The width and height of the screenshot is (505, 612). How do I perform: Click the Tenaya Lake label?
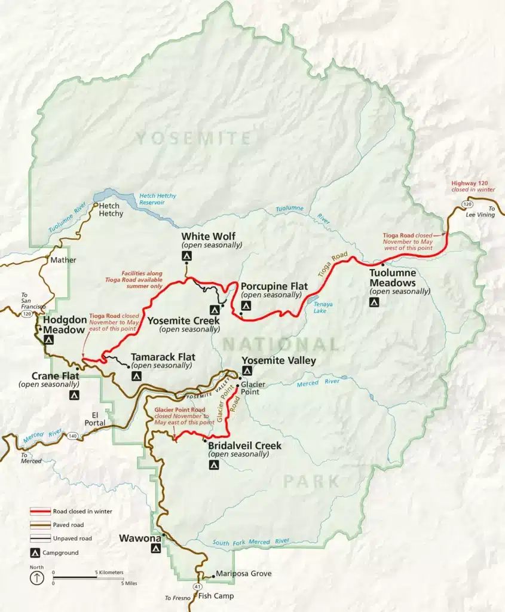(323, 307)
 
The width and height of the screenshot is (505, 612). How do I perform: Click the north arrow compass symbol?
(37, 578)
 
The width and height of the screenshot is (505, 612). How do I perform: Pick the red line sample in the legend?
(40, 512)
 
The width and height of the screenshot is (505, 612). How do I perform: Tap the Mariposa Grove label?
(244, 574)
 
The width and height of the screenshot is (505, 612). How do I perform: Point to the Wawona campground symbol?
(156, 549)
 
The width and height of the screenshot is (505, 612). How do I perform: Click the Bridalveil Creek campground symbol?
(213, 464)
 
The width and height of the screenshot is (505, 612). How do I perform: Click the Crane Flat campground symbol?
(74, 395)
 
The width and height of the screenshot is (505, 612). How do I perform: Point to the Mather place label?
(63, 260)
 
